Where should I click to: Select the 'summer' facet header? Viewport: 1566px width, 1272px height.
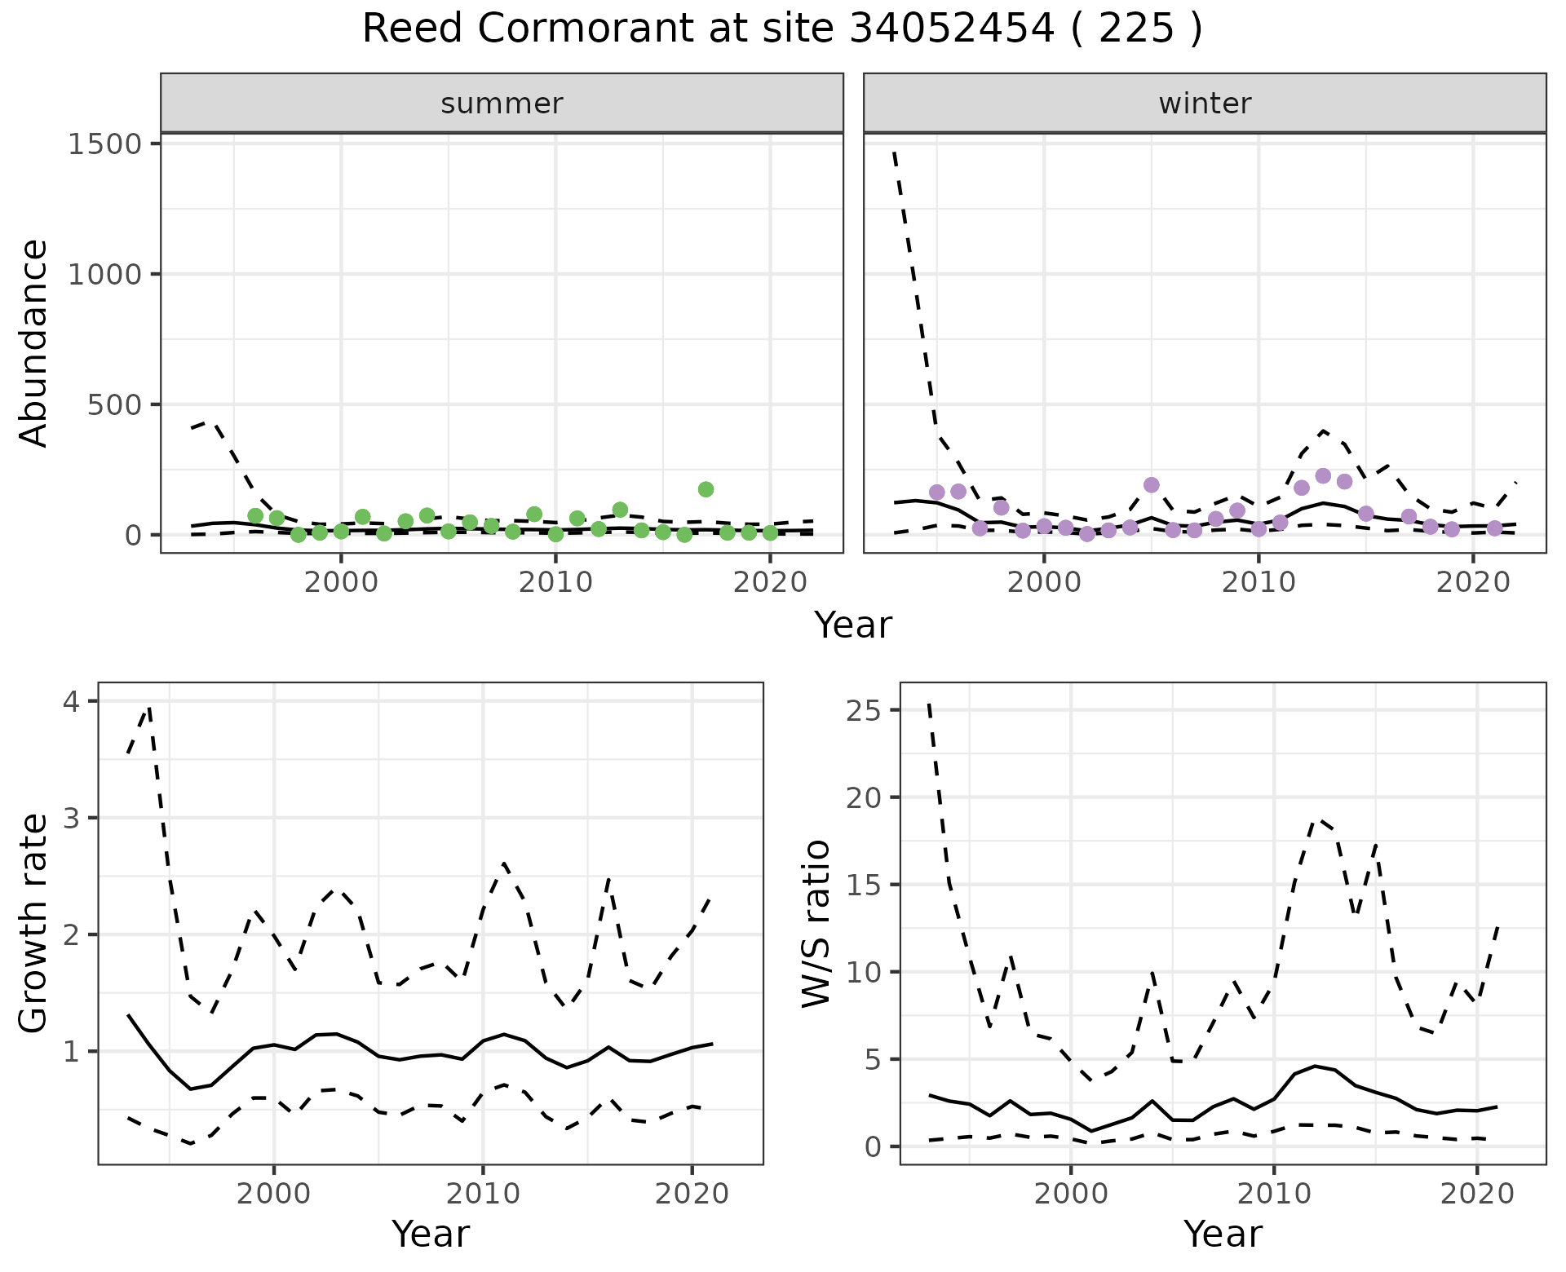point(502,104)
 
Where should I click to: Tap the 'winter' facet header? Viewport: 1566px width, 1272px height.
point(1205,104)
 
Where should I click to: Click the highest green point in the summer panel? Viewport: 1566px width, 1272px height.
point(706,489)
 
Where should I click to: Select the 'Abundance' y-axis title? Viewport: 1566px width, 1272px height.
point(34,343)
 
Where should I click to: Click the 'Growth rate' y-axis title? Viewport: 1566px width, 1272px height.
point(34,924)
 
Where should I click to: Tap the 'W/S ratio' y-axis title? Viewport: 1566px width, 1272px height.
point(816,924)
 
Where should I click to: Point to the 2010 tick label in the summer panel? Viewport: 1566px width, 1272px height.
point(555,583)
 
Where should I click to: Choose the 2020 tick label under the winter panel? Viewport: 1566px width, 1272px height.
point(1473,583)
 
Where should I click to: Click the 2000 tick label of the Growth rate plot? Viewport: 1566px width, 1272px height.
point(274,1195)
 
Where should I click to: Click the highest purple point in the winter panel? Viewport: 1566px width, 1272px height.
point(1323,476)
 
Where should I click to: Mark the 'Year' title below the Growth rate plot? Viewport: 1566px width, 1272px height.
point(431,1234)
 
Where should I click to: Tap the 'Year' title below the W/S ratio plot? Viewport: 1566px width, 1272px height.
point(1223,1234)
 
